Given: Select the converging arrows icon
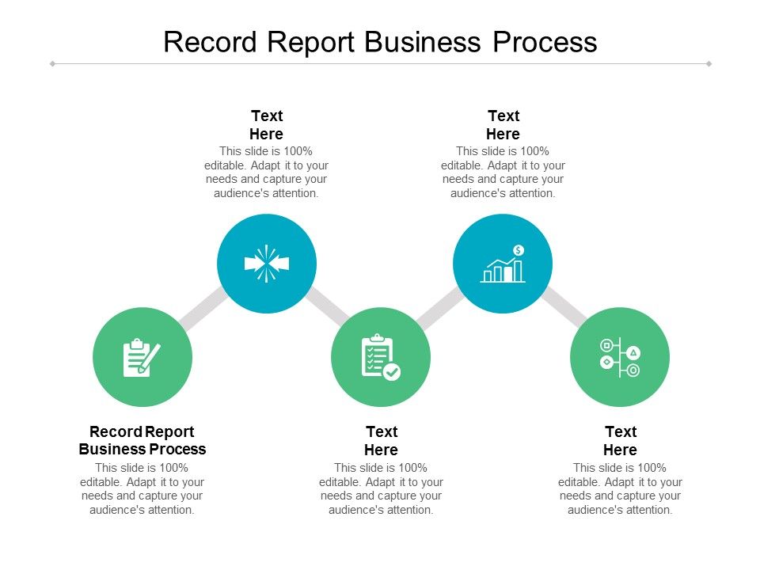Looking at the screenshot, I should coord(267,264).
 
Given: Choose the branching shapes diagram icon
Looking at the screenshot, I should coord(620,358).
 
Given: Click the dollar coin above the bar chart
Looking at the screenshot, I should coord(519,250).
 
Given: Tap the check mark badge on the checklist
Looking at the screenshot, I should coord(392,371).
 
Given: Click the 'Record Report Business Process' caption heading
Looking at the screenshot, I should coord(142,440).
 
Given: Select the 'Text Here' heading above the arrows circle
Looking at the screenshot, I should coord(267,125).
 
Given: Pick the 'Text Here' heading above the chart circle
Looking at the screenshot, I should coord(503,125).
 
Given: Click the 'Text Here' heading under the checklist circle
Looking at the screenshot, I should coord(381,440).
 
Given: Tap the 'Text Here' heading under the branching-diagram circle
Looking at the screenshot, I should coord(621,440).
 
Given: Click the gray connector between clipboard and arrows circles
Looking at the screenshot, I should coord(203,309).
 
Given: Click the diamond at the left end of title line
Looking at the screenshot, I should coord(52,63).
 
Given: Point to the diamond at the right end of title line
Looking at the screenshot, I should coord(709,63).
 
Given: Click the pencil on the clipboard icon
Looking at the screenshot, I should coord(150,357).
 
